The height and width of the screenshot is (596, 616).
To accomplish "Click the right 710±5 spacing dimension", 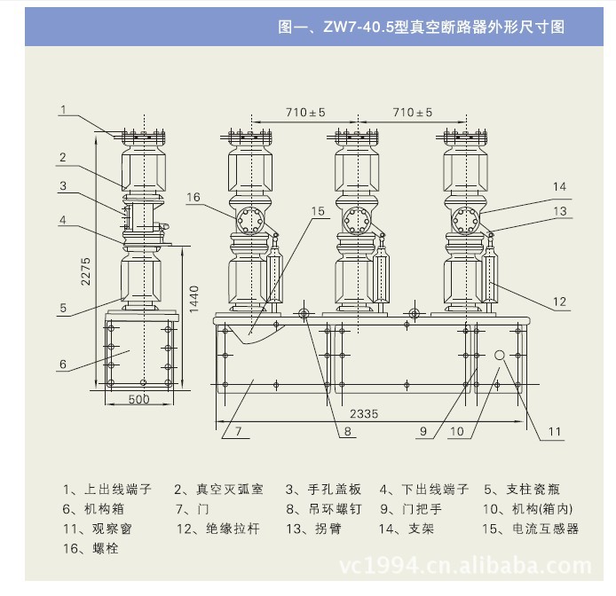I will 413,113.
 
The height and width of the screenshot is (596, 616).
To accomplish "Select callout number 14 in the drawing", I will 559,186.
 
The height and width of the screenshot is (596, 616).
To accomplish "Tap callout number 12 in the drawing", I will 559,302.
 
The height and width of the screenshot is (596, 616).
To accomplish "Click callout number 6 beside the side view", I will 64,364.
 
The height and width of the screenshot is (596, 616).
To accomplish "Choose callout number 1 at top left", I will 64,110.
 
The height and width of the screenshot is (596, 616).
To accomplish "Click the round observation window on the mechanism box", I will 500,355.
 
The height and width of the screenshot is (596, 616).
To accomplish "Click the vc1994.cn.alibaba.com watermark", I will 466,565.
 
